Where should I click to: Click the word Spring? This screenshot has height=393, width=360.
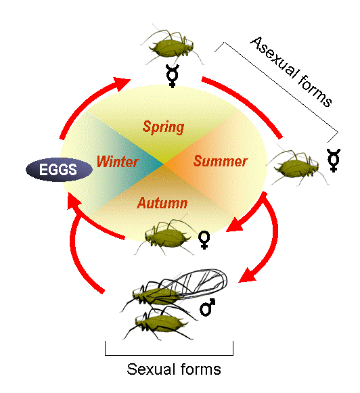163,128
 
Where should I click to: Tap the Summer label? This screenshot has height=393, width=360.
221,161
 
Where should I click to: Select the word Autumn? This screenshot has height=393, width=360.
162,203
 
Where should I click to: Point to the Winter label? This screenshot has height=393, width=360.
117,162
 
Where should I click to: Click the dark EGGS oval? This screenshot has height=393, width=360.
59,169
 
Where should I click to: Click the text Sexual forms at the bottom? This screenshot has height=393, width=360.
174,369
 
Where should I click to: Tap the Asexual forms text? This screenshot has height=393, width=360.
291,72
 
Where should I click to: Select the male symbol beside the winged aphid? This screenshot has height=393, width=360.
207,307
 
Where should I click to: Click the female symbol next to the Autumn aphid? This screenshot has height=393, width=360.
204,240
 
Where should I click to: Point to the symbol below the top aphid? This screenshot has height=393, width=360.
173,76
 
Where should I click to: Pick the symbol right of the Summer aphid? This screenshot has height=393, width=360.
334,160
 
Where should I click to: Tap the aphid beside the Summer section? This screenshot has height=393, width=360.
298,166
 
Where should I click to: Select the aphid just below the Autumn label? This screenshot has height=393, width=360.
166,236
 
